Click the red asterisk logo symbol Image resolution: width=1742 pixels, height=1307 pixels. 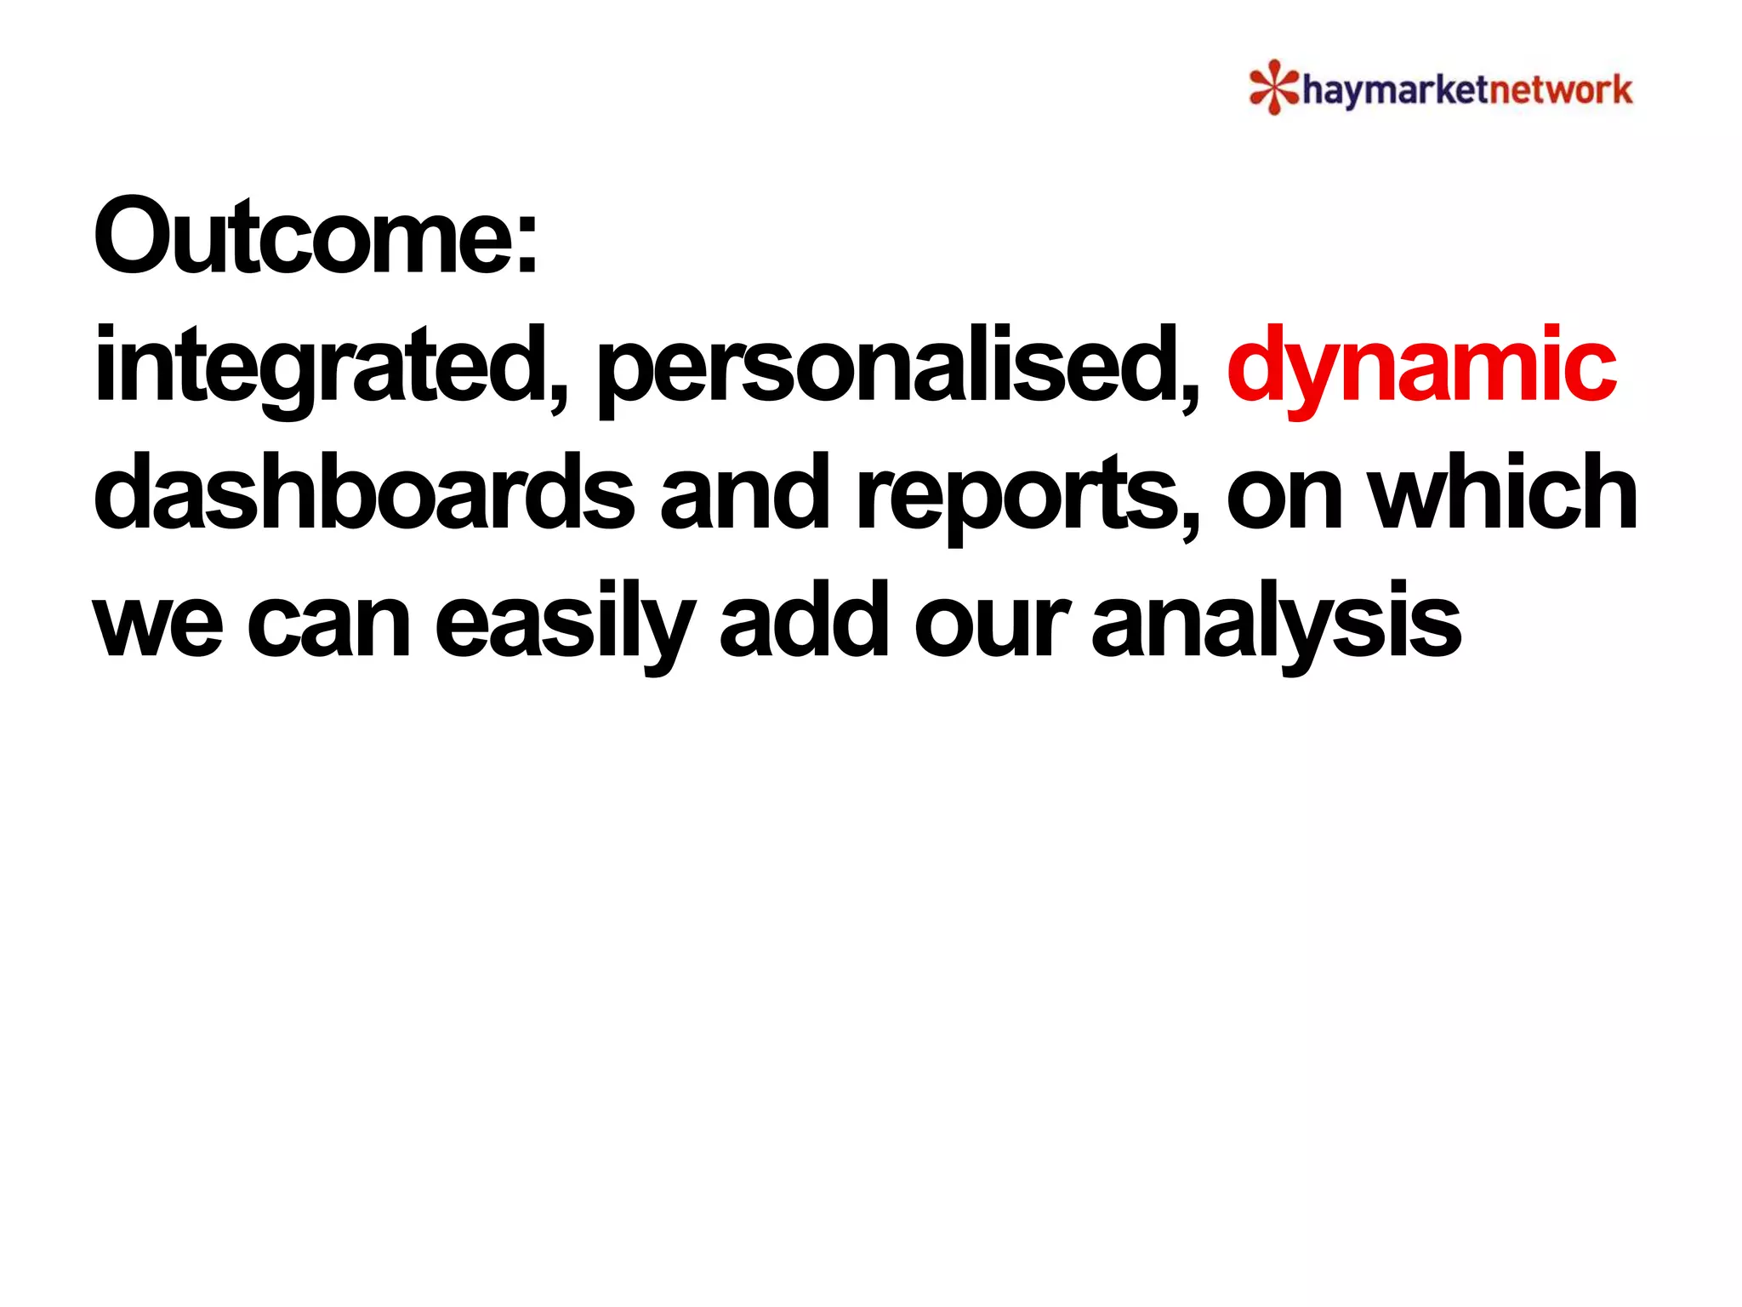pos(1272,87)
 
